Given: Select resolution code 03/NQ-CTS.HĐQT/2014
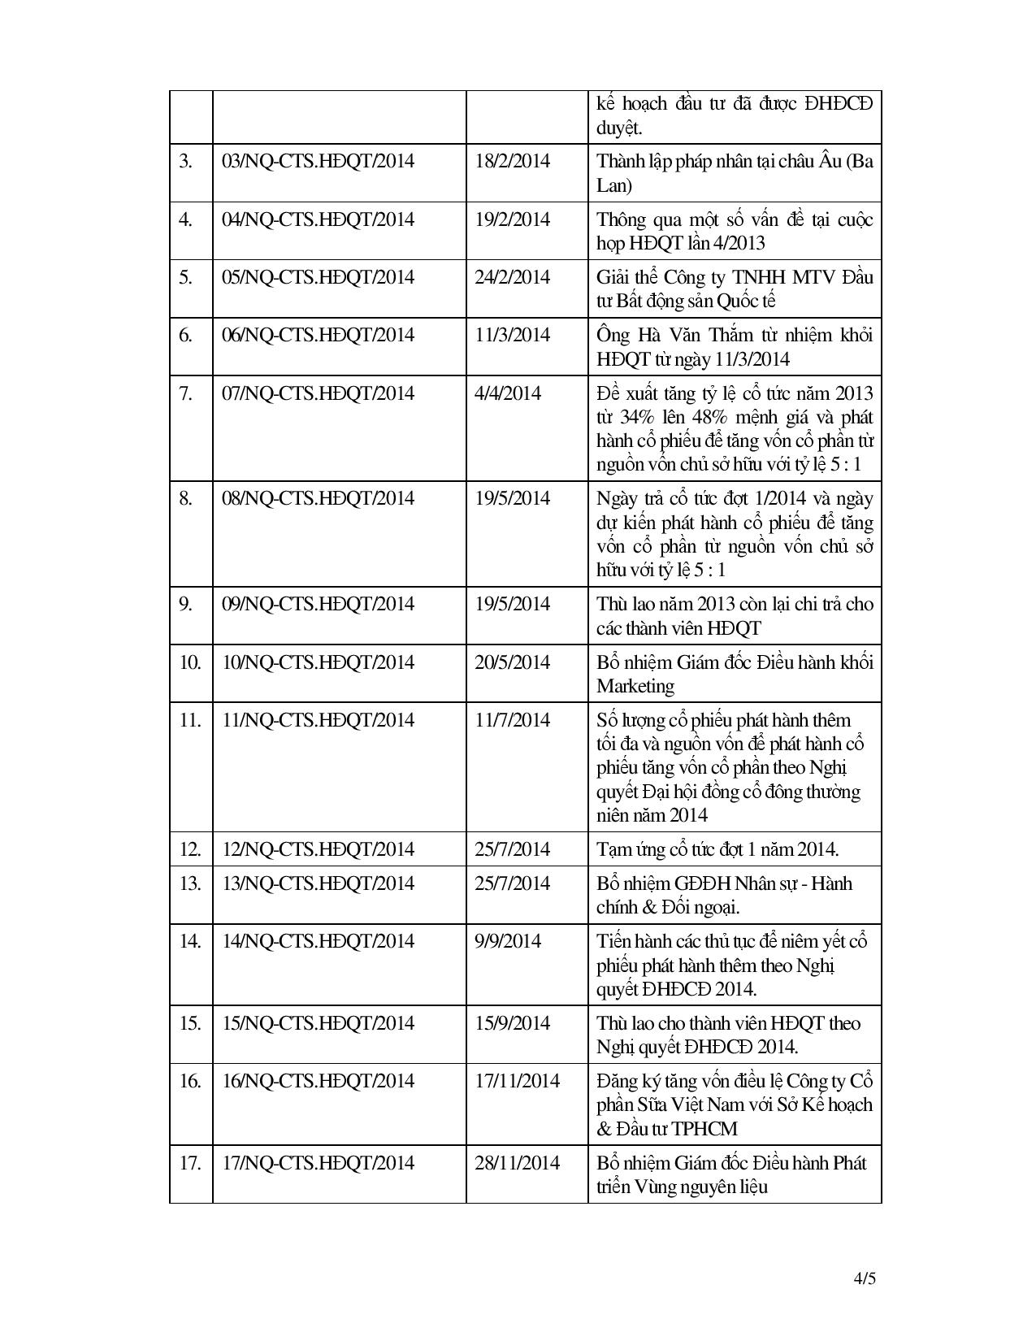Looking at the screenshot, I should click(318, 161).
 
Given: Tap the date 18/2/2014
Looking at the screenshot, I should click(512, 161).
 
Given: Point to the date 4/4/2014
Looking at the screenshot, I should click(508, 393).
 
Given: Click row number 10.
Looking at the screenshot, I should click(189, 662).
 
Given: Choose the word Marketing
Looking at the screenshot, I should click(635, 686).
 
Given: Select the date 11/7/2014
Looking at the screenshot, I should click(512, 720).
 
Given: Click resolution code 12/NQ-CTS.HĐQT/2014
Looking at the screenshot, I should click(318, 849).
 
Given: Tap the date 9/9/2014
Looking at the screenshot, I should click(508, 941).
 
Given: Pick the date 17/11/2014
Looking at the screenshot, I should click(517, 1081).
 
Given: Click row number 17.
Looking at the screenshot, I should click(189, 1163).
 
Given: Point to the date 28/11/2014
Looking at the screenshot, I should click(517, 1163).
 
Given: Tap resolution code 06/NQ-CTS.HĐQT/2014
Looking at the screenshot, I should click(318, 335).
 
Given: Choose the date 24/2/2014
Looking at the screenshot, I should click(512, 277).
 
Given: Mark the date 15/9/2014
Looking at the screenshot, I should click(512, 1023).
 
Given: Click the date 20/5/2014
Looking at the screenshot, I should click(512, 662).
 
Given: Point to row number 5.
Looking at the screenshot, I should click(185, 277).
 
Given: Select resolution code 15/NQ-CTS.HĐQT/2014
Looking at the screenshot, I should click(318, 1023).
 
